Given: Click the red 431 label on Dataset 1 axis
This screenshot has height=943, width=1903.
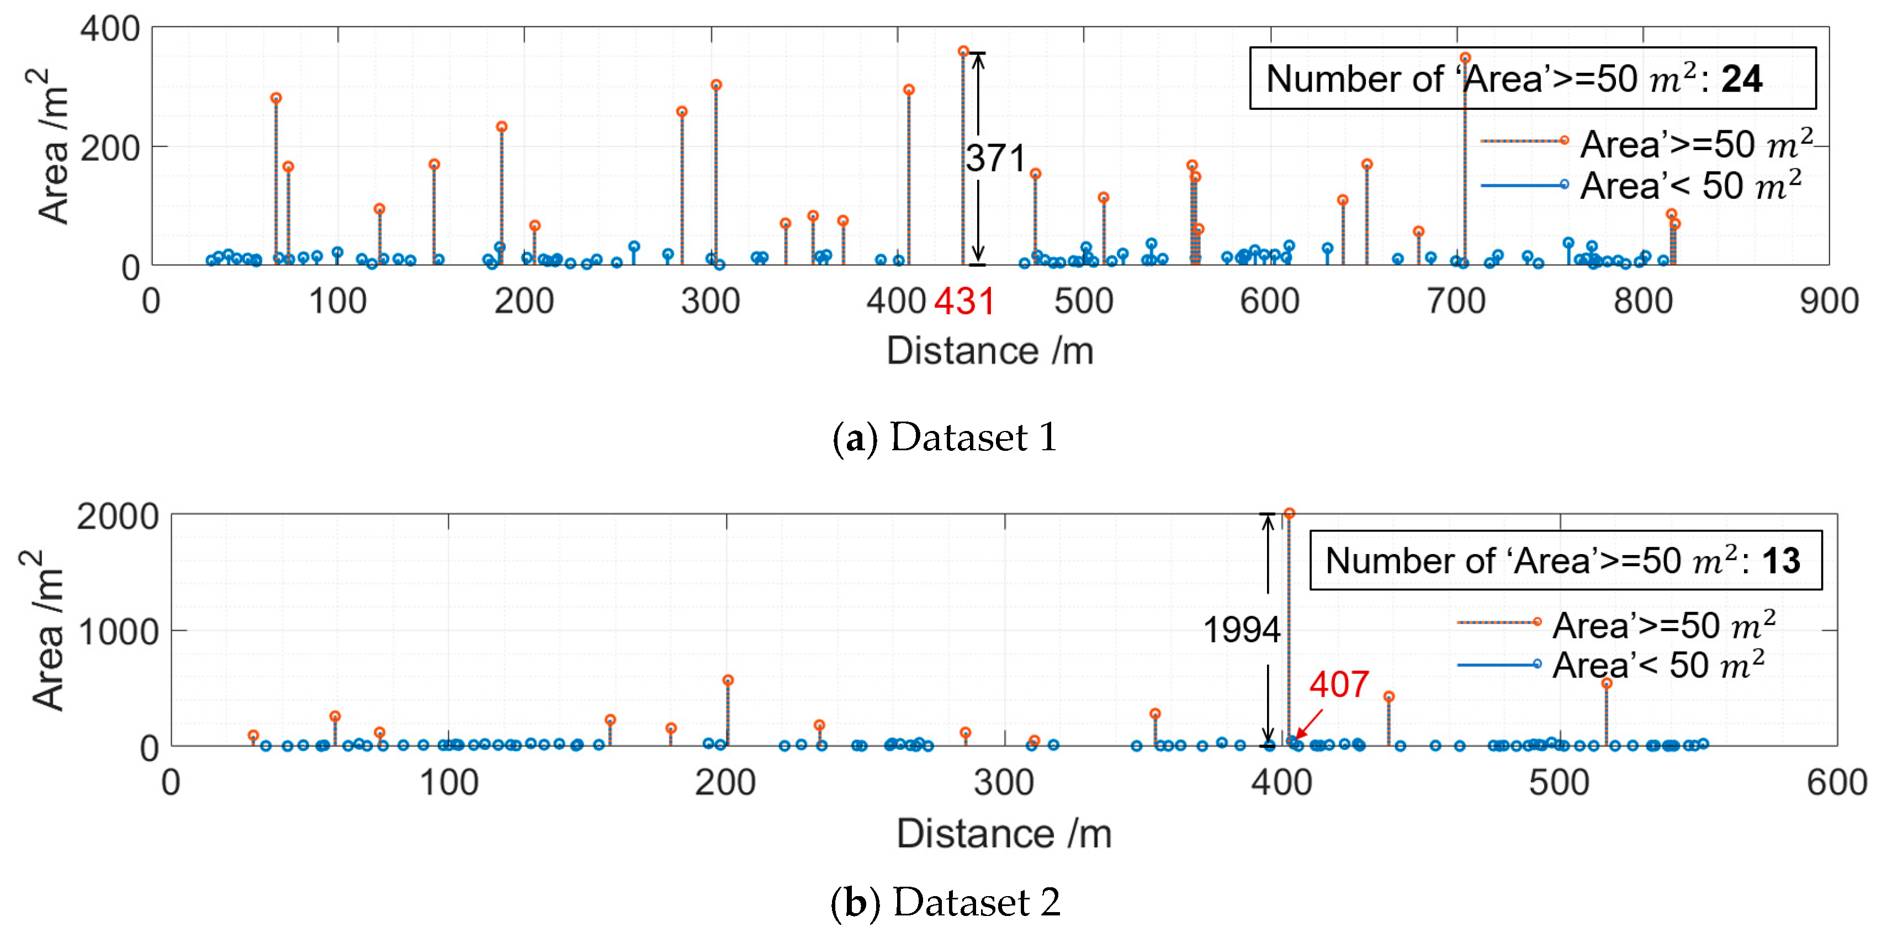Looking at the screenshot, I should point(964,301).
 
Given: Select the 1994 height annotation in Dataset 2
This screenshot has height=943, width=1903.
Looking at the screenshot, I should point(1241,630).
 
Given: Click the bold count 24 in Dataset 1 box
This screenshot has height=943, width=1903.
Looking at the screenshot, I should point(1741,79).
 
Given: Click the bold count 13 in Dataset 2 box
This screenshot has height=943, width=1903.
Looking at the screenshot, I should point(1781,561).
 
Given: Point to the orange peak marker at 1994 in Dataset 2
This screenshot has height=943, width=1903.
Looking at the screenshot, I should point(1289,513).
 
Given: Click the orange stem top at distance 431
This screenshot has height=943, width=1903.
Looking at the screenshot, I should point(963,52).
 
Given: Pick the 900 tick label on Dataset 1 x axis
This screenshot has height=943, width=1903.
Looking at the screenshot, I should point(1828,301).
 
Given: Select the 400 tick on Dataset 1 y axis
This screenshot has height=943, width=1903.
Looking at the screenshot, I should point(110,30).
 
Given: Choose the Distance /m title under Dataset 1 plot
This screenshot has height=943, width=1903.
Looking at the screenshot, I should point(989,351).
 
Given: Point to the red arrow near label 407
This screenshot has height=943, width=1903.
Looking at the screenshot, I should point(1308,724).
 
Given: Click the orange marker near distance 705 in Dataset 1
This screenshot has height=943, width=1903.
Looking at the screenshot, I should point(1465,57).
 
